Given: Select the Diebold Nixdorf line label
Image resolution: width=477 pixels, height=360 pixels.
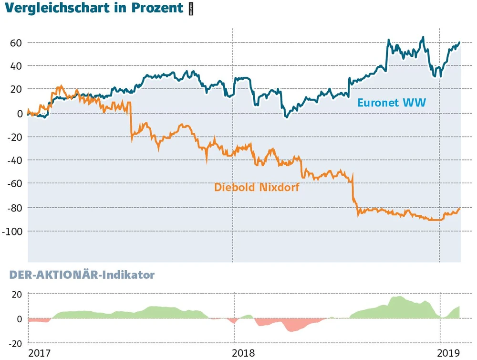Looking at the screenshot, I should pos(257,187).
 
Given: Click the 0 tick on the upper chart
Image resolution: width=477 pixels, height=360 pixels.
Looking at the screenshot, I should pos(20,113).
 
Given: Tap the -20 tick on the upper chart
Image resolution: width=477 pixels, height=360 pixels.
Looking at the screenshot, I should pos(15,137).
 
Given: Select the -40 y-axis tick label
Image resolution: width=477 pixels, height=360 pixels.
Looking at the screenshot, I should pos(15,160).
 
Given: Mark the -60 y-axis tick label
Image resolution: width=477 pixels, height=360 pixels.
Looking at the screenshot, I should pos(15,183).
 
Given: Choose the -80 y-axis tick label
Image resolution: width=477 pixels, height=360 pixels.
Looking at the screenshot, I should pos(15,208).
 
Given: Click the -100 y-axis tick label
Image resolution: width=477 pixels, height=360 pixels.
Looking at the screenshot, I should pos(12,231).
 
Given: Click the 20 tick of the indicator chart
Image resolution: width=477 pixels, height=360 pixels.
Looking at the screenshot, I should pos(17,294).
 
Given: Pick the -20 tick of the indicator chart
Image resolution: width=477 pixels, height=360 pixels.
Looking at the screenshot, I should pos(15,343).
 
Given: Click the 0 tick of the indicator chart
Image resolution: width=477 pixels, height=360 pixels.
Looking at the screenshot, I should pos(20,318).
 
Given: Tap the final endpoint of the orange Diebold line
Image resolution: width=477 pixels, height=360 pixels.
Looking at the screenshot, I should pos(460,208).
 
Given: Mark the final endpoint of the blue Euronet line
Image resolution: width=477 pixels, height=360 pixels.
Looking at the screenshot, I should pos(460,42).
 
